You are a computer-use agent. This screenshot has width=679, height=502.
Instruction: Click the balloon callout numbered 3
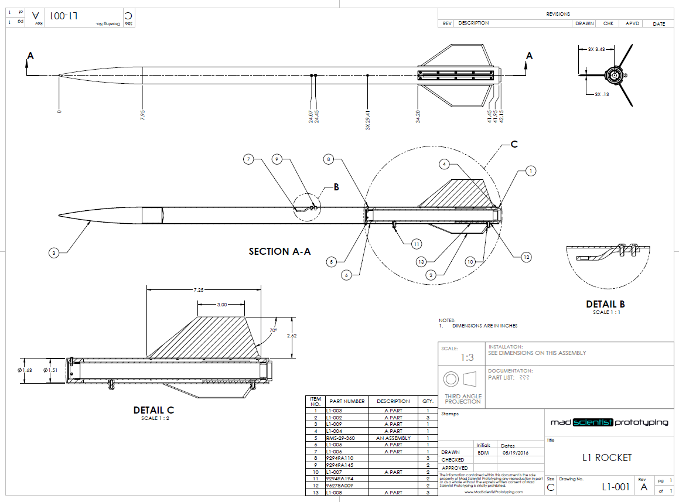(54, 253)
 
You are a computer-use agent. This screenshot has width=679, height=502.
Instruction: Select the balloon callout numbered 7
(248, 159)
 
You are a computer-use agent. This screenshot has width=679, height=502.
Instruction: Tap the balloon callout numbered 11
(415, 244)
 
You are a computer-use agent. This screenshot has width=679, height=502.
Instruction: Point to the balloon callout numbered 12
(527, 256)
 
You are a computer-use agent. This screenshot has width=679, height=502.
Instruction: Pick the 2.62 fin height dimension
(291, 336)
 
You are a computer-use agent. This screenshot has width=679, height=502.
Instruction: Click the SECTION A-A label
(279, 251)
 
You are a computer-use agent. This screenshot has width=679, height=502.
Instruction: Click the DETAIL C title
(153, 411)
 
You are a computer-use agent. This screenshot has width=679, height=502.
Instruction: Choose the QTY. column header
(428, 401)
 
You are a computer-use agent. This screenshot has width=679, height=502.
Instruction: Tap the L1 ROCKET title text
(607, 457)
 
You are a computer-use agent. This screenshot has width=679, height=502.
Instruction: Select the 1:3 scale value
(467, 357)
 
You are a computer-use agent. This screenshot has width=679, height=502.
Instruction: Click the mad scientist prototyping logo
(609, 422)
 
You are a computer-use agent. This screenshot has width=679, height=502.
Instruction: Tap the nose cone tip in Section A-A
(59, 215)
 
